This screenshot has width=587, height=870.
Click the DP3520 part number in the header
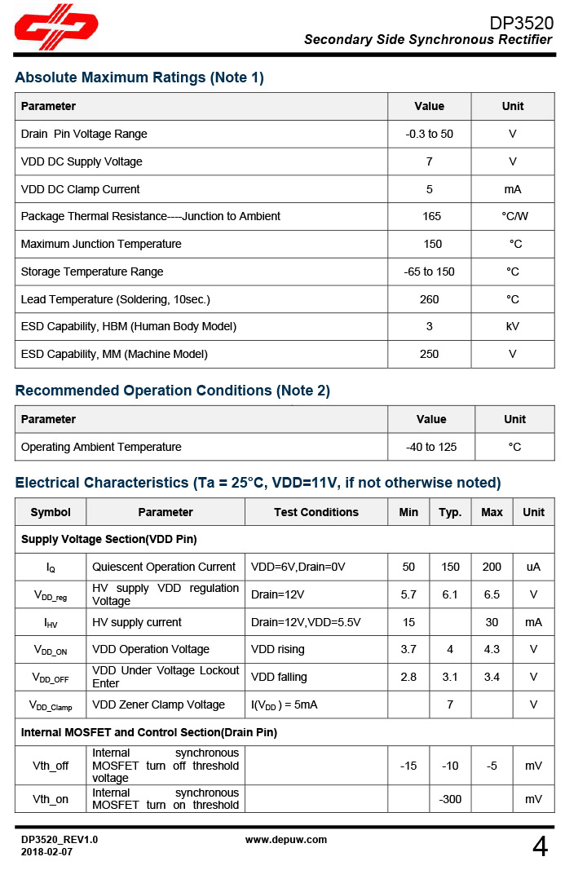[x=521, y=23]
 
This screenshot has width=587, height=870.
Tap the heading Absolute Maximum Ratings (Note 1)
[x=139, y=78]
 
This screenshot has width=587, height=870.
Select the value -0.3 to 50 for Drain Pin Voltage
[x=429, y=134]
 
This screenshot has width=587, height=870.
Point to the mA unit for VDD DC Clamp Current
[x=512, y=189]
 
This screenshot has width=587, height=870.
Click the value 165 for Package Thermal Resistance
[x=431, y=216]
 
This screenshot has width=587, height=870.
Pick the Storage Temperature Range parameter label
[x=92, y=272]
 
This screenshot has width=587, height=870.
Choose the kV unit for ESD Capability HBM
[x=512, y=326]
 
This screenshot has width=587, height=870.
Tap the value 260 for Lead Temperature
[x=429, y=299]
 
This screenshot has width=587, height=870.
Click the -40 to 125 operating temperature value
[x=430, y=447]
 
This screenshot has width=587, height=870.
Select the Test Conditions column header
[x=316, y=512]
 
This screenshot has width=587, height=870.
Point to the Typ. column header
[x=450, y=512]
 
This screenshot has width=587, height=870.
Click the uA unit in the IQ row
[x=533, y=567]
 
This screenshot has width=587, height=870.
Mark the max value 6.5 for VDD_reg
[x=492, y=594]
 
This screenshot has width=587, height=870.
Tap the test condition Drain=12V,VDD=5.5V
[x=306, y=622]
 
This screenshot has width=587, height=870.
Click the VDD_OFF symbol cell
[x=51, y=678]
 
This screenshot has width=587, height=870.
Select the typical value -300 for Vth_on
[x=450, y=799]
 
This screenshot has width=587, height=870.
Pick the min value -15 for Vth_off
[x=408, y=766]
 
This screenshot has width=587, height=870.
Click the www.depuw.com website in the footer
[x=286, y=839]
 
